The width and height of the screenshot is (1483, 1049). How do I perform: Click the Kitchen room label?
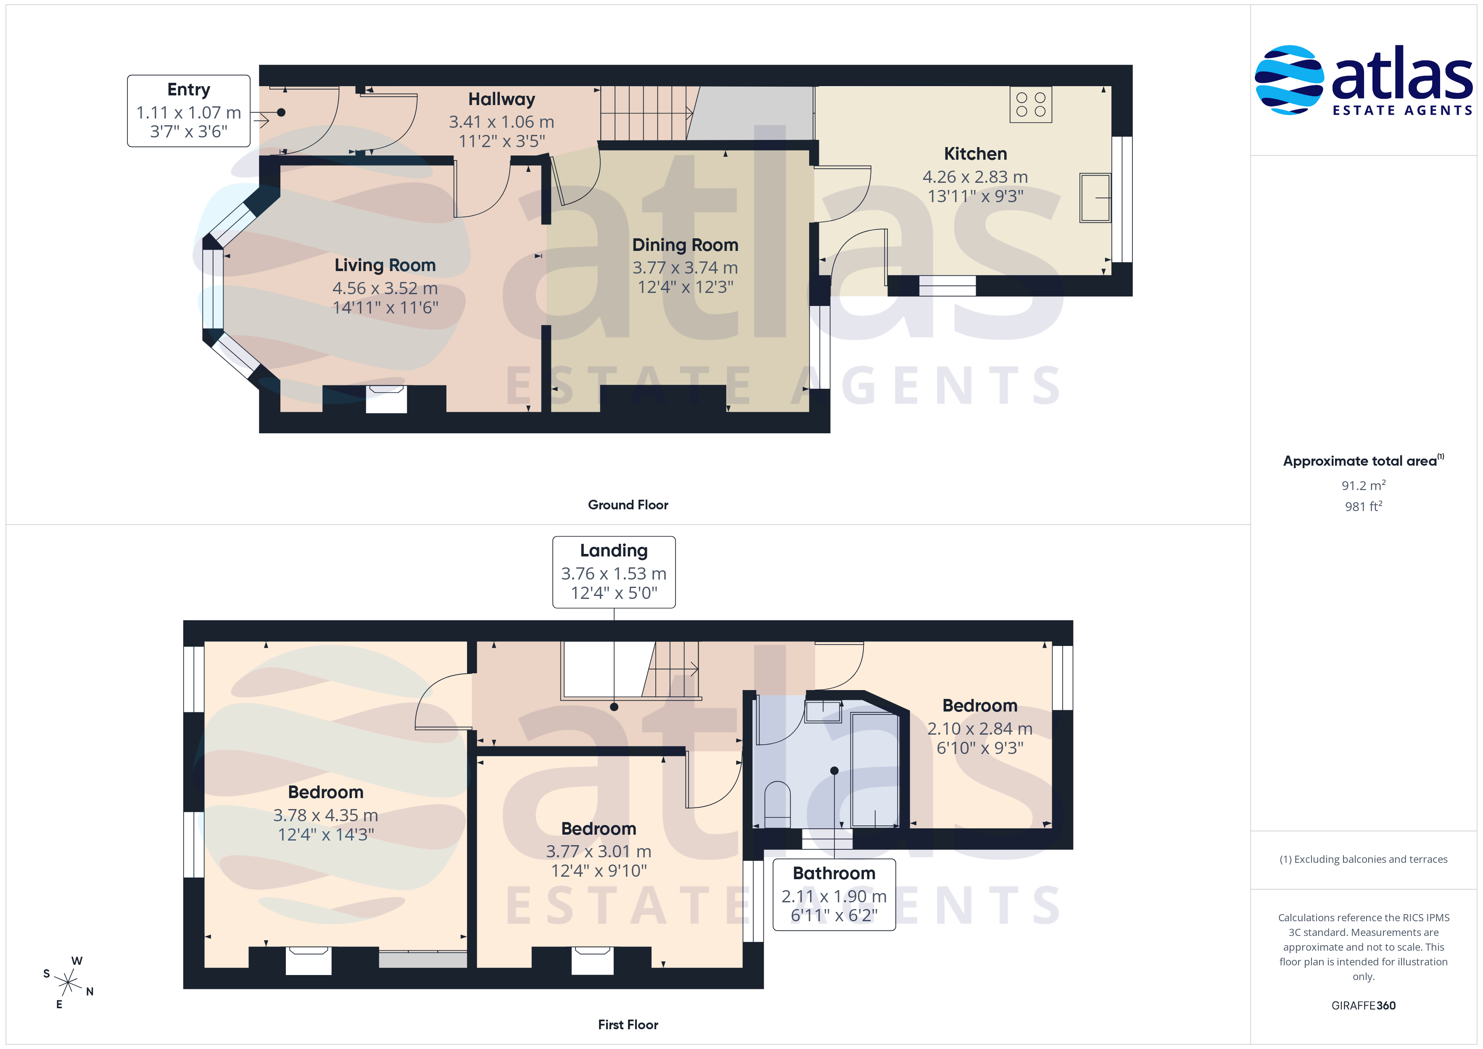pos(975,154)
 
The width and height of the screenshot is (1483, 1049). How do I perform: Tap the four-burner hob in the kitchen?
pos(1031,105)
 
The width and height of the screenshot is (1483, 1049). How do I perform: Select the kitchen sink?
pos(1095,198)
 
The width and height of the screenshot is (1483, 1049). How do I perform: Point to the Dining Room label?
pos(685,245)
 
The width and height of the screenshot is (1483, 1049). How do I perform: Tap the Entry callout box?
pos(189,111)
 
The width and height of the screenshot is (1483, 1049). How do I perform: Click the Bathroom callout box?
pos(834,895)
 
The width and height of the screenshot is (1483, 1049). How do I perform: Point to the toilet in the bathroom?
pos(777,804)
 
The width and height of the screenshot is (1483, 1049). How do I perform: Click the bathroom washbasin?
pos(823,711)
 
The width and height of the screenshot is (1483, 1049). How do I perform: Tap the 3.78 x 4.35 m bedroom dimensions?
pos(325,815)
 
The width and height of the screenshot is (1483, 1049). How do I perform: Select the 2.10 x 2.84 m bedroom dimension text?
pos(980,729)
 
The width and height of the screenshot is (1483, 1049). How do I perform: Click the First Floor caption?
pos(628,1025)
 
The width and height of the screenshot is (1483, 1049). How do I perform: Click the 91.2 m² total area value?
pos(1364,485)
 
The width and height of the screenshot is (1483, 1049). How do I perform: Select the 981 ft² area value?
pos(1364,506)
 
